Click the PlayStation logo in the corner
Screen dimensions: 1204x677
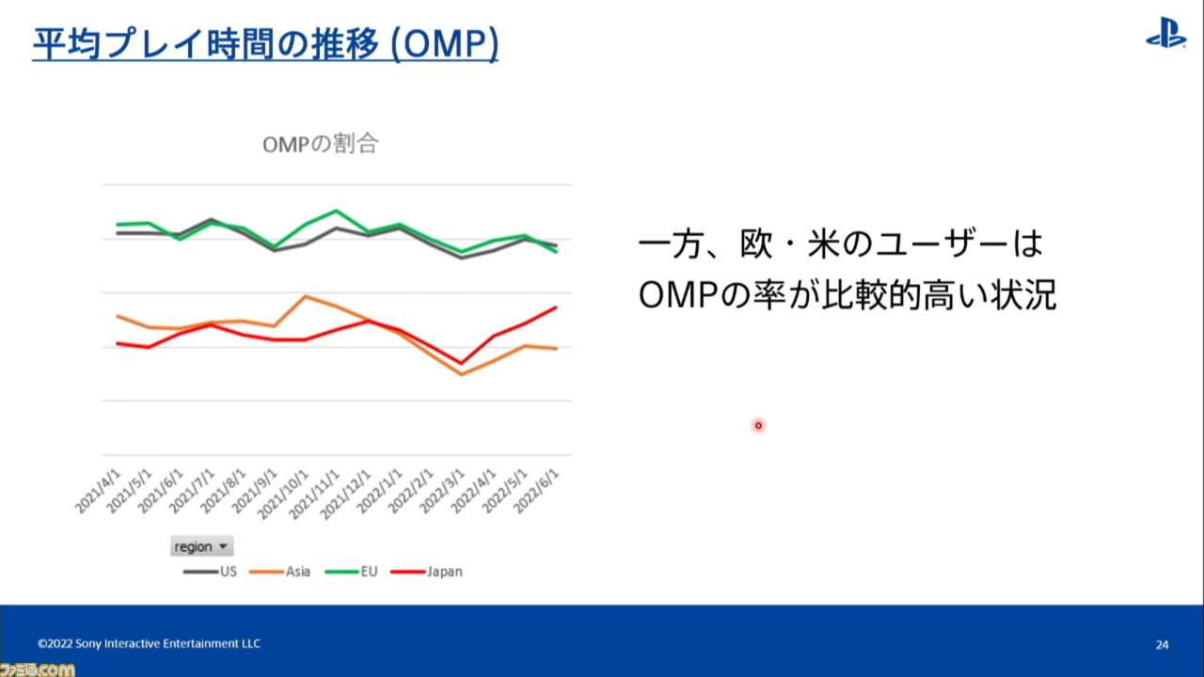click(1165, 33)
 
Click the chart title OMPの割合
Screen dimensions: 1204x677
click(321, 144)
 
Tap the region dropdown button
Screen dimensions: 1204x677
click(201, 546)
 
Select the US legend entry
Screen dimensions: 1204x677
click(210, 571)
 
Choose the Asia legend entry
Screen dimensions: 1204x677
click(280, 571)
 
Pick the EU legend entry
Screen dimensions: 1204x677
click(352, 571)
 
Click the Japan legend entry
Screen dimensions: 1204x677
click(427, 571)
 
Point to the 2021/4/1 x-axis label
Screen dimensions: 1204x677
click(98, 491)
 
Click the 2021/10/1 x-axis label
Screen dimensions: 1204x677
click(283, 495)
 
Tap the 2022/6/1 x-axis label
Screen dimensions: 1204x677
click(536, 491)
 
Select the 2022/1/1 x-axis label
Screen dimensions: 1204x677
click(379, 491)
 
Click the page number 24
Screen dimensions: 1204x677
click(1162, 644)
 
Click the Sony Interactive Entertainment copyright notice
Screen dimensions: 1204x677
click(149, 644)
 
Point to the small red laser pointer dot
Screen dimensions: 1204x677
click(758, 426)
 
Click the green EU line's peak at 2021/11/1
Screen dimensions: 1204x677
click(337, 211)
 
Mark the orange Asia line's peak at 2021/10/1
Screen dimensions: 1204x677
click(306, 296)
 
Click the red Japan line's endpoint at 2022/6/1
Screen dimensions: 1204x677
click(556, 307)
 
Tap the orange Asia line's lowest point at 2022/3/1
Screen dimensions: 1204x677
click(462, 374)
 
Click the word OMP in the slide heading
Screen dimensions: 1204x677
click(445, 44)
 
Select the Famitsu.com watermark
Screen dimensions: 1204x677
click(38, 669)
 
